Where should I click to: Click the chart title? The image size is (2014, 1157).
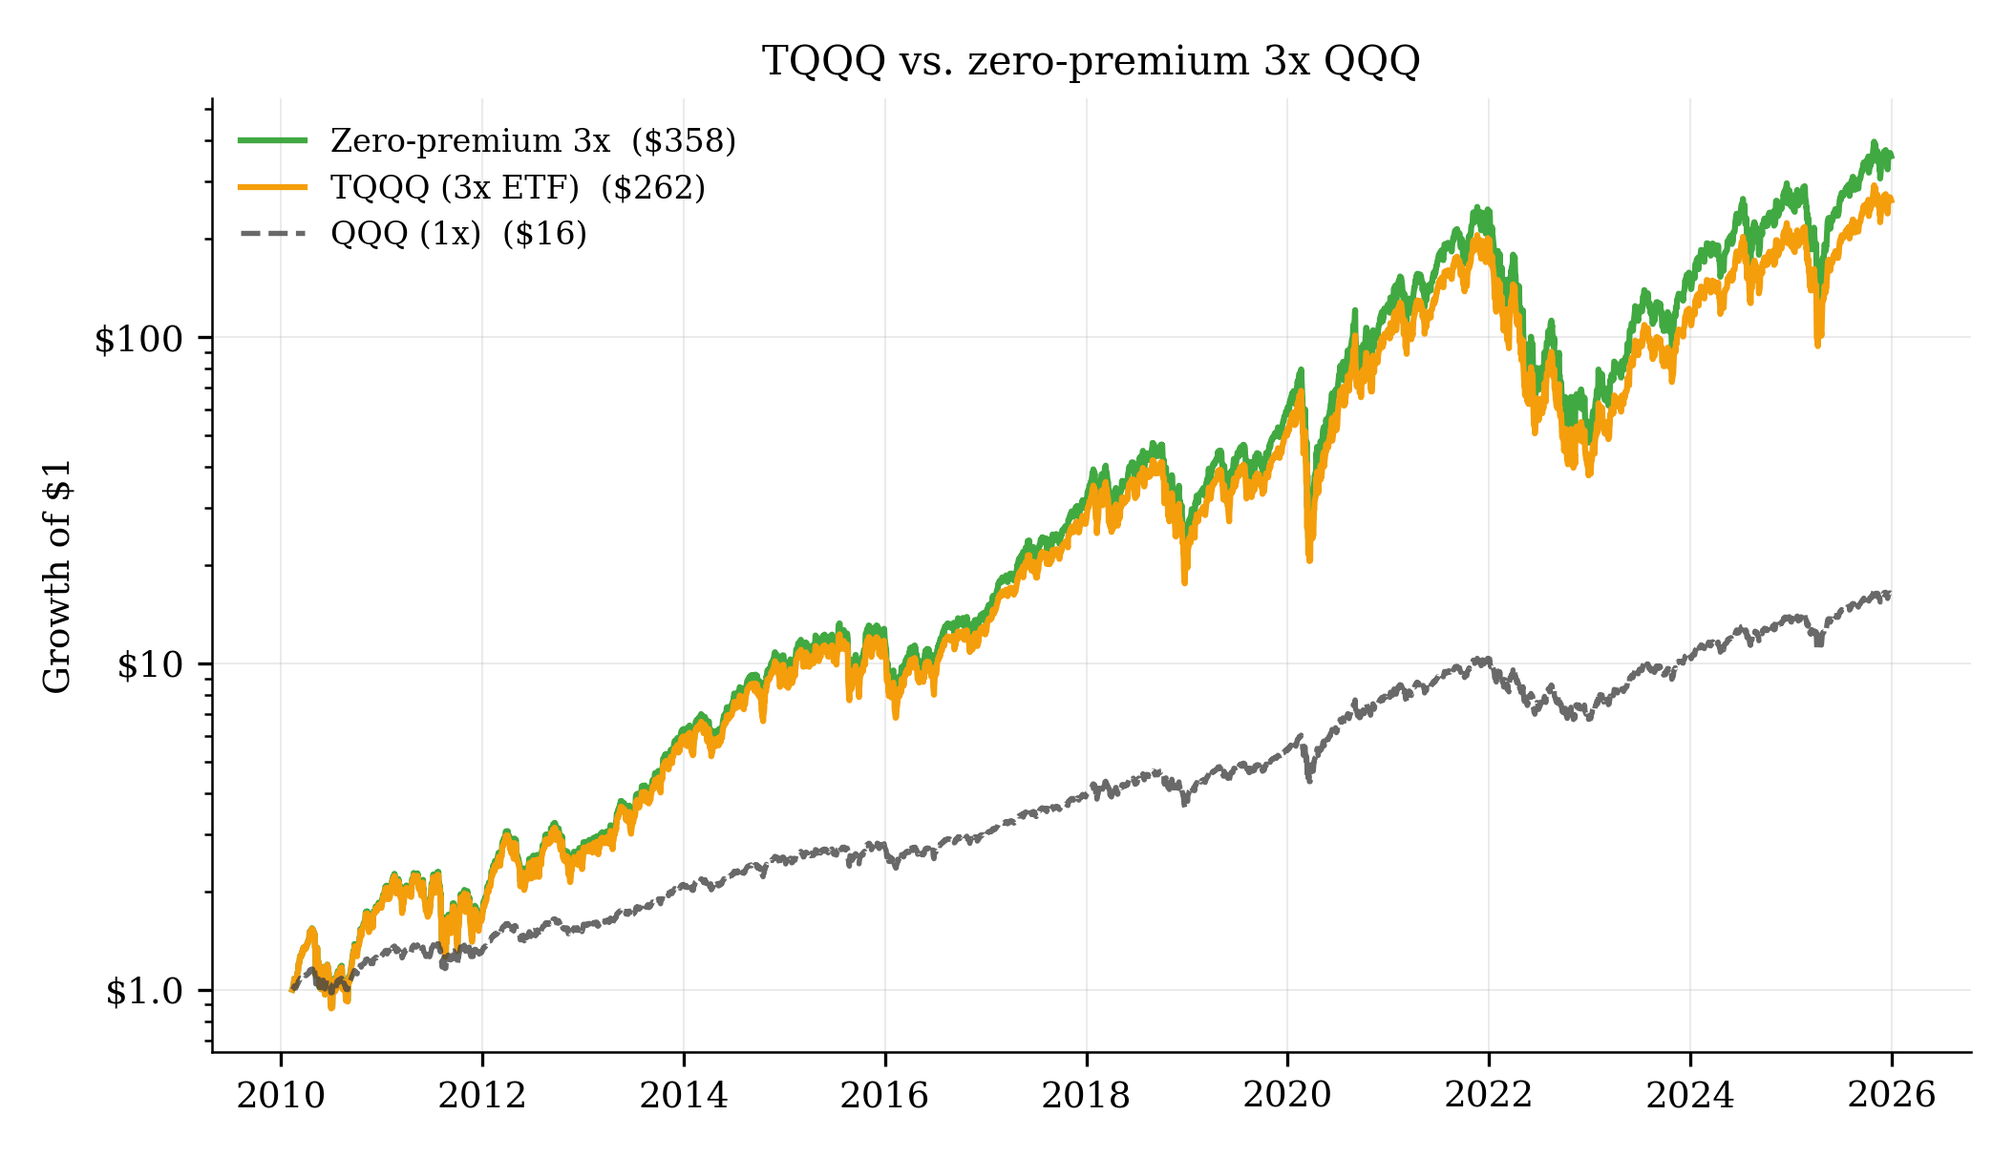[x=1091, y=61]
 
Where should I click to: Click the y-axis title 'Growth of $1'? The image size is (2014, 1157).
[x=57, y=577]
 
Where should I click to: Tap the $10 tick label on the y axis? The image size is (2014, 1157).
[x=149, y=665]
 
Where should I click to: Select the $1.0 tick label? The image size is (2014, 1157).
[x=143, y=992]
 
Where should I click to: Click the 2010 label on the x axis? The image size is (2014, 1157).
[x=281, y=1095]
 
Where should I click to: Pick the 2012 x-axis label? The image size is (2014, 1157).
[x=482, y=1095]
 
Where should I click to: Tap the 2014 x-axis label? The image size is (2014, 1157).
[x=684, y=1095]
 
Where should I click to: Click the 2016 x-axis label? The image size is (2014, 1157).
[x=884, y=1095]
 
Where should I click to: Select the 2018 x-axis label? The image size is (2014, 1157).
[x=1086, y=1095]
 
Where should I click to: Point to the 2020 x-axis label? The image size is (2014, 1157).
[x=1287, y=1095]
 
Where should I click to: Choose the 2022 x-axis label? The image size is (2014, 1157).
[x=1488, y=1095]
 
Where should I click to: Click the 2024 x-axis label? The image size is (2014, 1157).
[x=1689, y=1095]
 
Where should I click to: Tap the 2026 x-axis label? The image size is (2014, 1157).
[x=1891, y=1095]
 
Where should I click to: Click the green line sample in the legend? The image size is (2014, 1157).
[x=272, y=140]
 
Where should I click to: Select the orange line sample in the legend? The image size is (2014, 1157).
[x=272, y=187]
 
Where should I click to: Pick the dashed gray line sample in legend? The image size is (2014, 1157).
[x=272, y=233]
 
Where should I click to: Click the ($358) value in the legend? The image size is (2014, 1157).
[x=684, y=141]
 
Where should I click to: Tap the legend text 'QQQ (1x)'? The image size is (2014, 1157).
[x=406, y=234]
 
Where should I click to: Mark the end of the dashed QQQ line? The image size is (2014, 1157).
[x=1890, y=594]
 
